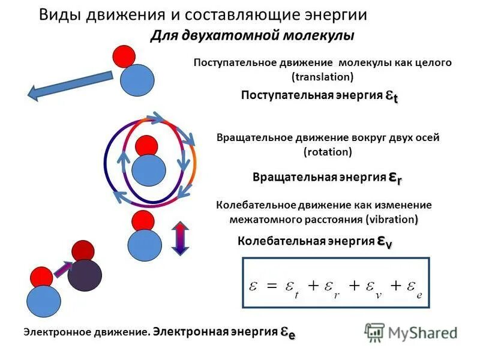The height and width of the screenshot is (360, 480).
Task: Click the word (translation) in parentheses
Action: pyautogui.click(x=322, y=77)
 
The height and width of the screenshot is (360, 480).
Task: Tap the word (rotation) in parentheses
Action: pyautogui.click(x=328, y=152)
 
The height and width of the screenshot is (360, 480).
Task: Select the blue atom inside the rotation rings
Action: pyautogui.click(x=149, y=170)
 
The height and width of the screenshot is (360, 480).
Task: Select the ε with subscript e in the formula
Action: pyautogui.click(x=412, y=287)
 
